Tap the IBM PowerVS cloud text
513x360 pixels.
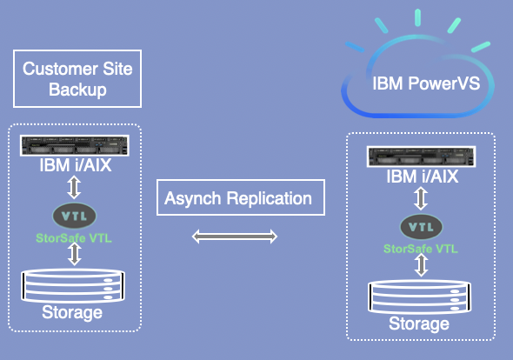point(426,83)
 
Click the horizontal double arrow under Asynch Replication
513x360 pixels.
point(235,237)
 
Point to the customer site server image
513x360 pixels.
point(75,145)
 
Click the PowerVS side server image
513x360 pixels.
point(421,157)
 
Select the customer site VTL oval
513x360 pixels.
point(74,216)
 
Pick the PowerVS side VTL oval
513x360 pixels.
point(421,226)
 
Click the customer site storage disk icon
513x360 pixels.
point(73,285)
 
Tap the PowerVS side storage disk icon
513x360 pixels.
point(420,297)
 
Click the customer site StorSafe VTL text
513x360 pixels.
point(74,238)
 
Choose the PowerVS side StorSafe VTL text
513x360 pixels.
point(421,249)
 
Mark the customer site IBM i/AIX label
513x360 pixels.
point(76,165)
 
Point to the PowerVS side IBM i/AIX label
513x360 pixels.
point(422,177)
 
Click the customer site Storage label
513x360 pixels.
point(72,312)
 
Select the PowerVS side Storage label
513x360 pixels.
point(419,323)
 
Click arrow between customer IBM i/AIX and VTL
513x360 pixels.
point(74,187)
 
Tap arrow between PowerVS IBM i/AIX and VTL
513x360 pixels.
point(421,198)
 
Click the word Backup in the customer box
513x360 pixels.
point(77,90)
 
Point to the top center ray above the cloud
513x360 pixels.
point(418,17)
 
